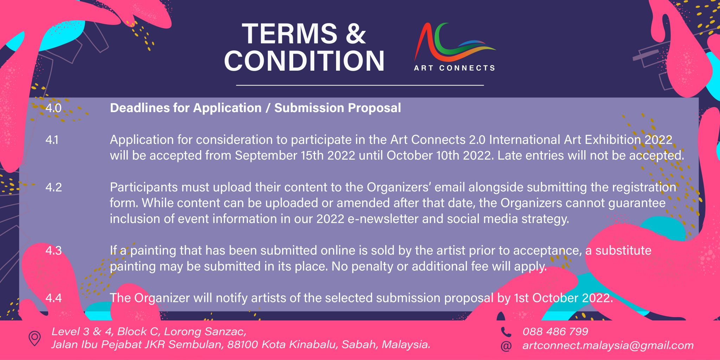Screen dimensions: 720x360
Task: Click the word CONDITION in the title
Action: click(x=304, y=61)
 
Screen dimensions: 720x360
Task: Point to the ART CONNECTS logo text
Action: click(x=454, y=68)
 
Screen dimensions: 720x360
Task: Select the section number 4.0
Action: click(x=53, y=108)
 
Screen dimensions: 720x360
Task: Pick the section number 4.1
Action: click(x=52, y=140)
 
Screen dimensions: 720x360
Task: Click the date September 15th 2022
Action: click(x=295, y=155)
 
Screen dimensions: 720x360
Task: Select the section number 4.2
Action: click(x=53, y=187)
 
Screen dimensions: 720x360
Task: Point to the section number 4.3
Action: click(x=53, y=251)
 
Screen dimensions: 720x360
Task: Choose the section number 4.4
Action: click(x=53, y=298)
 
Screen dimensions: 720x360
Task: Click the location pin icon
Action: click(x=34, y=338)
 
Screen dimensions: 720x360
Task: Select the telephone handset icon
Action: click(x=506, y=332)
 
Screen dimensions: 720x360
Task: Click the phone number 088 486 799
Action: click(x=555, y=332)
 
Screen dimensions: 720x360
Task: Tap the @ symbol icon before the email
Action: click(x=506, y=346)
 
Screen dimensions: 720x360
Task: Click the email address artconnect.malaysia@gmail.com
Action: click(x=608, y=346)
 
